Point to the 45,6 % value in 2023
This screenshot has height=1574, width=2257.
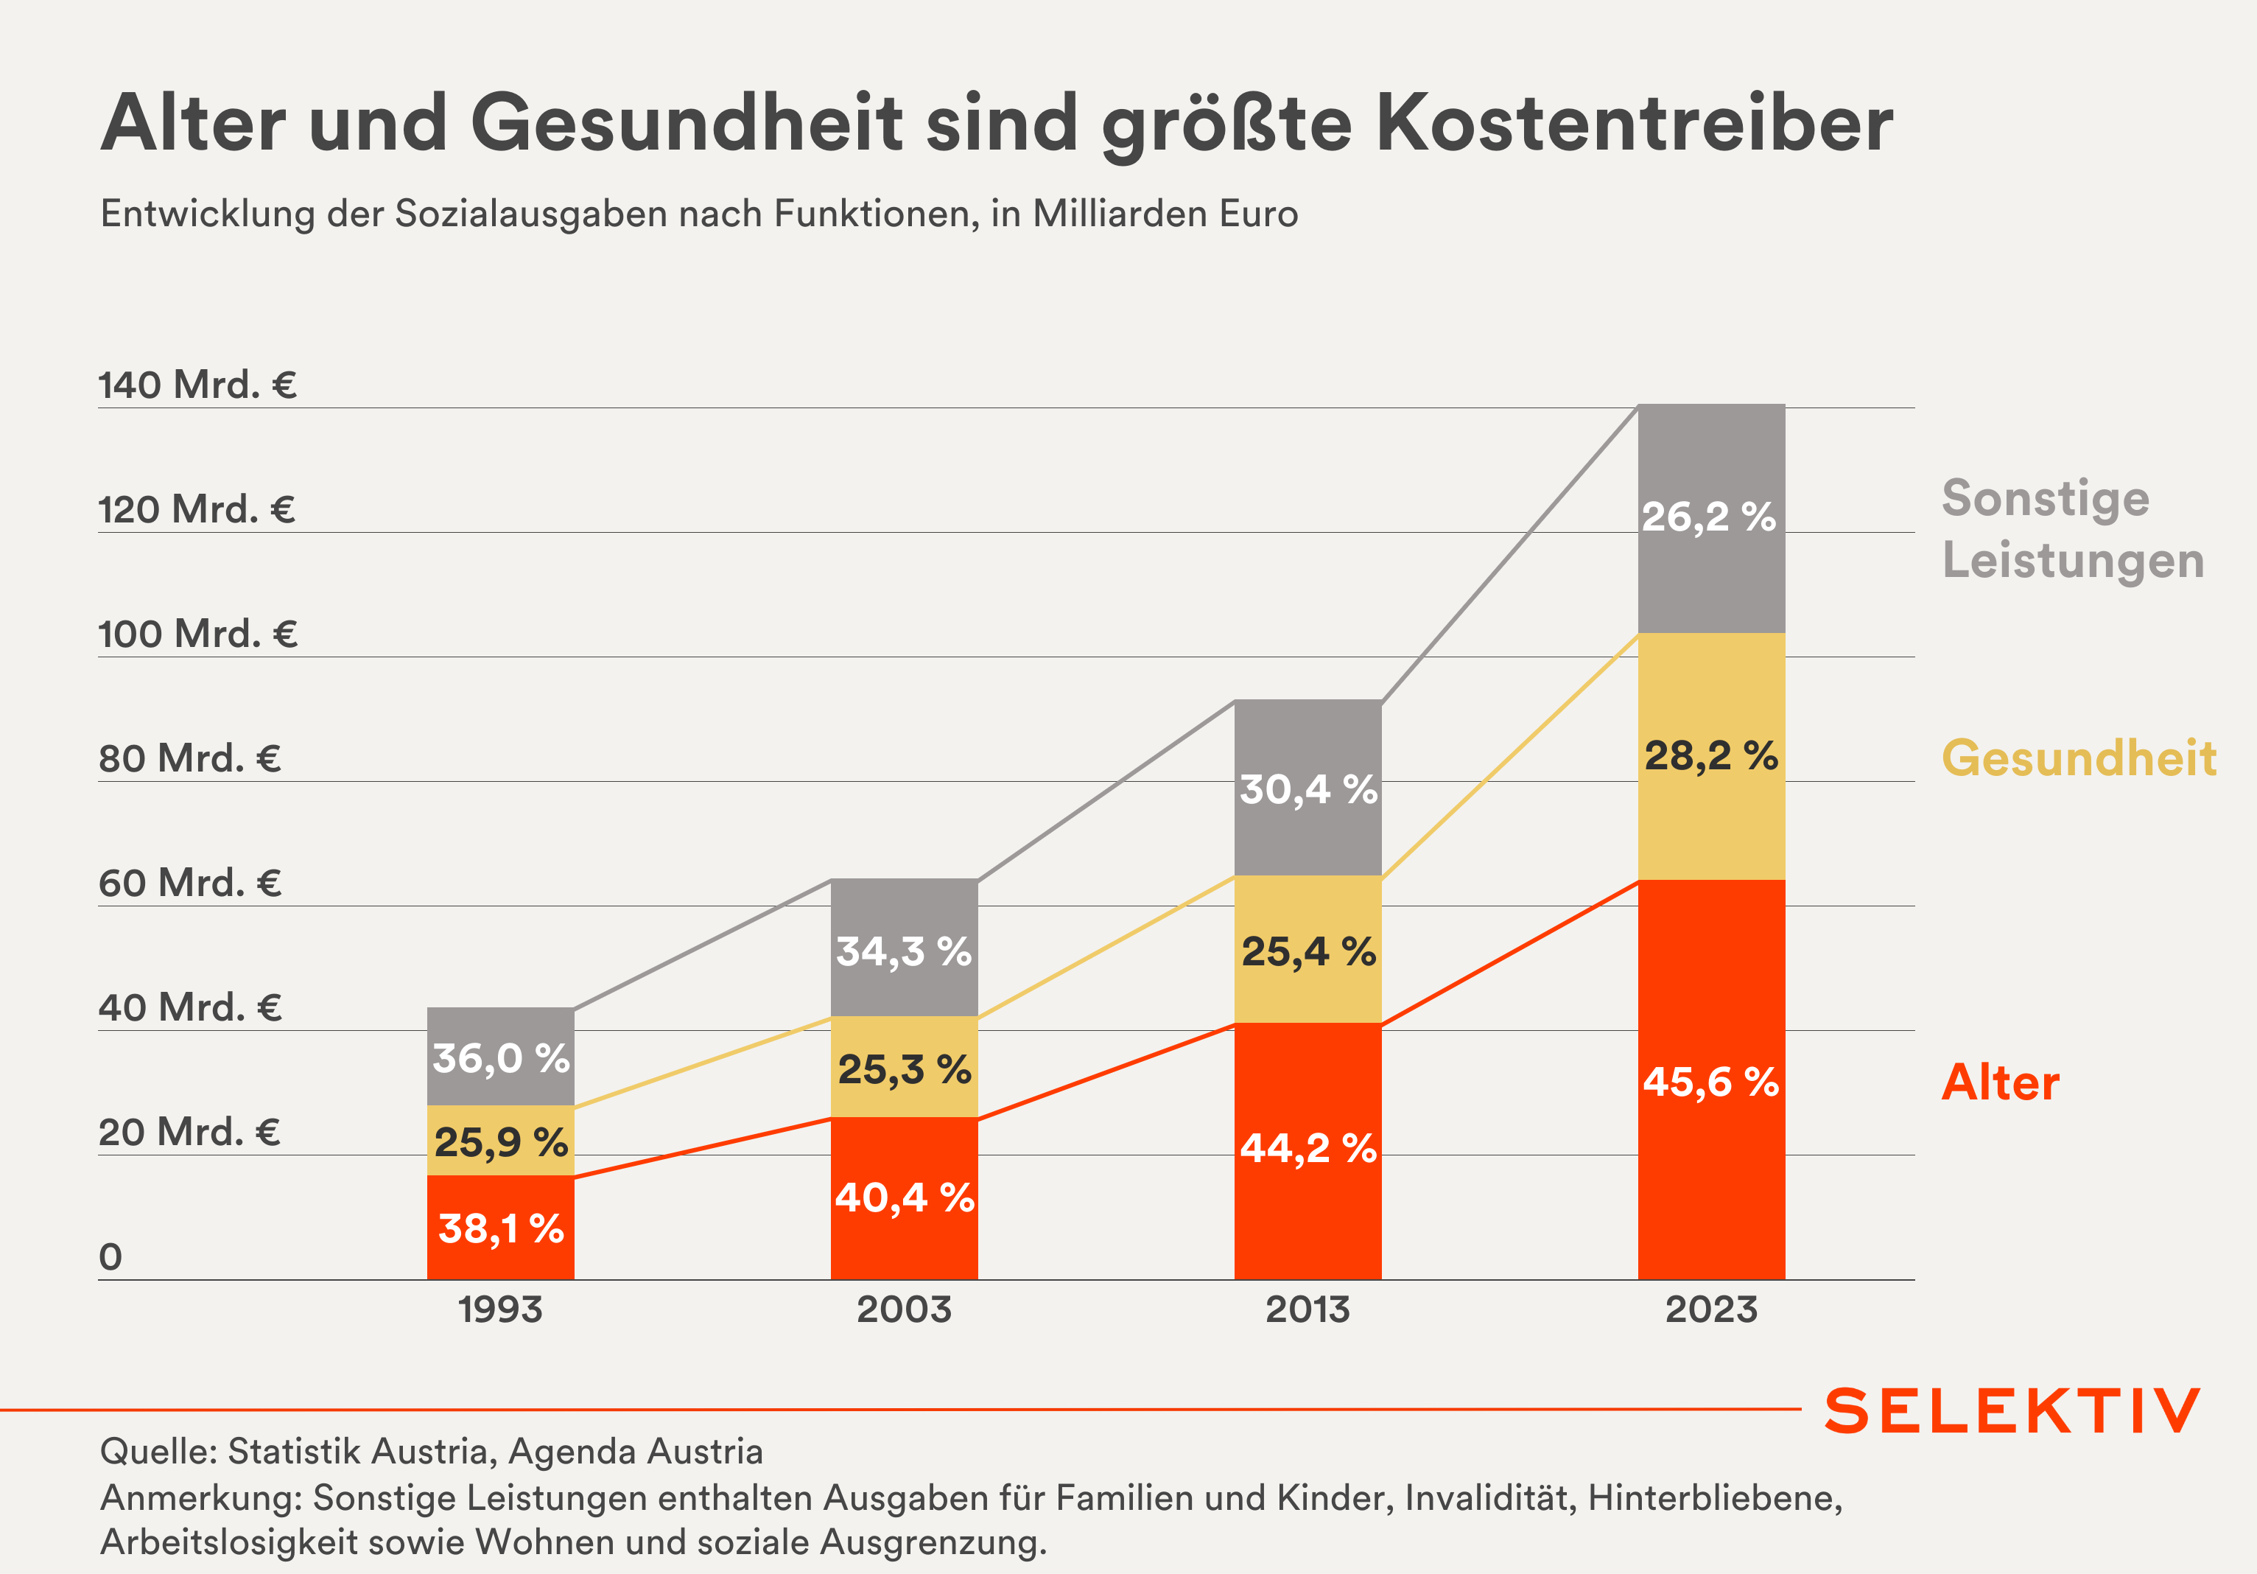tap(1710, 1082)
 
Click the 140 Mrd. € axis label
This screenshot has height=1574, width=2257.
tap(197, 385)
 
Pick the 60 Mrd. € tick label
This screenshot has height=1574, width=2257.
tap(190, 883)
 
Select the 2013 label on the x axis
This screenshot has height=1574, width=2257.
tap(1307, 1309)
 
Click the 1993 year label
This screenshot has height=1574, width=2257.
tap(500, 1309)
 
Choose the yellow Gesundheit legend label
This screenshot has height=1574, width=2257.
tap(2078, 758)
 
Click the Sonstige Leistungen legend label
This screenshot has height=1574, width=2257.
tap(2072, 529)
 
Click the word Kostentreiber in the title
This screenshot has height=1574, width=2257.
tap(1634, 124)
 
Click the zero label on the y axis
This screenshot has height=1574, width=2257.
tap(111, 1256)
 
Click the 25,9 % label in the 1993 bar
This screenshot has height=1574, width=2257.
tap(500, 1142)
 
